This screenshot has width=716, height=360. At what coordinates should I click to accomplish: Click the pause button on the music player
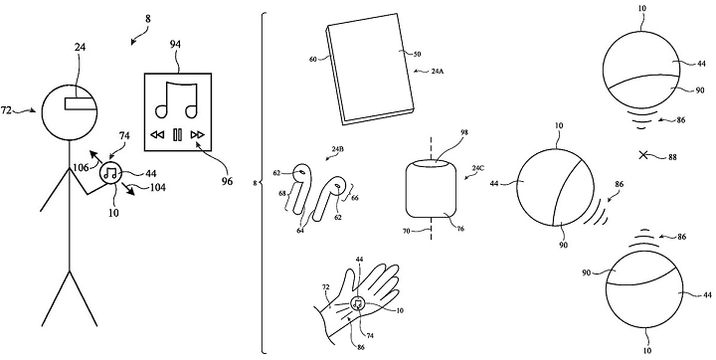tap(178, 135)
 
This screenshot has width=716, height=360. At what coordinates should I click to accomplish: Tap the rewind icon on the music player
tap(157, 135)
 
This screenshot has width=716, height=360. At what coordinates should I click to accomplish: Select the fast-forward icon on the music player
tap(198, 135)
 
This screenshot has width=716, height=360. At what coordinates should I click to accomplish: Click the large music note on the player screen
tap(176, 99)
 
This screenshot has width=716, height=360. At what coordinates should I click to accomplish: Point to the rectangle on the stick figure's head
tap(82, 103)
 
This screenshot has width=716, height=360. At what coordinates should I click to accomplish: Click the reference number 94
tap(175, 45)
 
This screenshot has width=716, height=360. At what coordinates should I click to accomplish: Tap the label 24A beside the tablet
tap(437, 72)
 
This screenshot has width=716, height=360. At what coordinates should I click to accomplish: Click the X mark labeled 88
tap(643, 155)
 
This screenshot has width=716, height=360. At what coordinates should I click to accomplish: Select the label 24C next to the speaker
tap(477, 168)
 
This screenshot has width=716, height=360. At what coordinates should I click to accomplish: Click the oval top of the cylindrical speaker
tap(431, 163)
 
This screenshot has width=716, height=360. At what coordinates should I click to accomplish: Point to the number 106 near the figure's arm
tap(80, 168)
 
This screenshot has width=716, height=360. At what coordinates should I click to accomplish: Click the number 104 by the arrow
tap(157, 187)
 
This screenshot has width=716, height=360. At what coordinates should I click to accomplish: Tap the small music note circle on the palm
tap(358, 303)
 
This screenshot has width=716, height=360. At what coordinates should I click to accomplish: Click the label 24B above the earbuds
tap(338, 149)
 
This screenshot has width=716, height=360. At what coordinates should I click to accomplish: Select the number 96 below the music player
tap(227, 181)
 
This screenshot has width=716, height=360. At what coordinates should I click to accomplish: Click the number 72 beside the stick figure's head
tap(6, 110)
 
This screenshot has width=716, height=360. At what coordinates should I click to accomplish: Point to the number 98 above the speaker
tap(451, 132)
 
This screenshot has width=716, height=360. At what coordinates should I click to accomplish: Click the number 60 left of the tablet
tap(313, 60)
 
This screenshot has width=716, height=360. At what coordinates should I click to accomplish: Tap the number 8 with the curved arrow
tap(147, 19)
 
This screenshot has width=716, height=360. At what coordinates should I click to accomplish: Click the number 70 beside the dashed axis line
tap(407, 231)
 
